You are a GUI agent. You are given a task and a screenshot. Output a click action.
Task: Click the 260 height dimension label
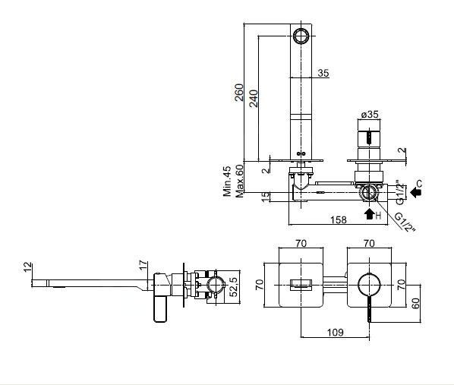coord(239,93)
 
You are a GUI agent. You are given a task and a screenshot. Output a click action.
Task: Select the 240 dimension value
coord(254,99)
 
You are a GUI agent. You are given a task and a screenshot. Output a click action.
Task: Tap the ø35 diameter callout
coord(370,115)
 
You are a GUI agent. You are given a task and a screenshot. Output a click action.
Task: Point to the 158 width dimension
coord(339,220)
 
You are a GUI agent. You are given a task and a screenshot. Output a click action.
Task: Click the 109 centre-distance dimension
coord(335,332)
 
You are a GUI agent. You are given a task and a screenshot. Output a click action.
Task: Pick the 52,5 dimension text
coord(233,287)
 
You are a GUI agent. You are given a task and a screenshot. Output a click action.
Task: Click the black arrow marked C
coord(416,192)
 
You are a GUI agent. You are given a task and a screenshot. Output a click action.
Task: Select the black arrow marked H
coord(370,214)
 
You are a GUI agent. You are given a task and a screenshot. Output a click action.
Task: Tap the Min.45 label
coord(227,181)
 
